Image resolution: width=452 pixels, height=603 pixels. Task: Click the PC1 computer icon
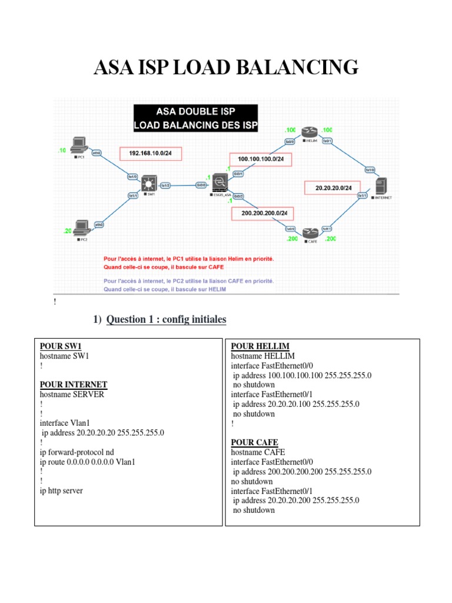tap(78, 144)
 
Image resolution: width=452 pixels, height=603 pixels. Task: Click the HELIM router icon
tap(309, 132)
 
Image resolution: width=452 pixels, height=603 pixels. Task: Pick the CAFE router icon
tap(310, 233)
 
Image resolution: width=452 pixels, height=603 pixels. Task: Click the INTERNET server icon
tap(380, 188)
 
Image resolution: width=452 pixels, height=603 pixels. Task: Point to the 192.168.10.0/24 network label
tap(151, 154)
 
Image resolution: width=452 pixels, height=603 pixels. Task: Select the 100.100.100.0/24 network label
tap(261, 159)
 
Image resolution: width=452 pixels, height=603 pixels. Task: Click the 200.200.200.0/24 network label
tap(265, 213)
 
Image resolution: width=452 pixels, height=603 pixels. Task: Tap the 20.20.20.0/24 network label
tap(333, 188)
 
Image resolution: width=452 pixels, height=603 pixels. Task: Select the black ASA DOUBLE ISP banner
tap(195, 118)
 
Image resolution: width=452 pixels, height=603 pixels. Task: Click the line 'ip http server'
tap(61, 491)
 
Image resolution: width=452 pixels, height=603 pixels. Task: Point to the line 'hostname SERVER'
tap(72, 395)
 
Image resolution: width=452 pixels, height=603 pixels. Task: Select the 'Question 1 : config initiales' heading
tap(166, 320)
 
